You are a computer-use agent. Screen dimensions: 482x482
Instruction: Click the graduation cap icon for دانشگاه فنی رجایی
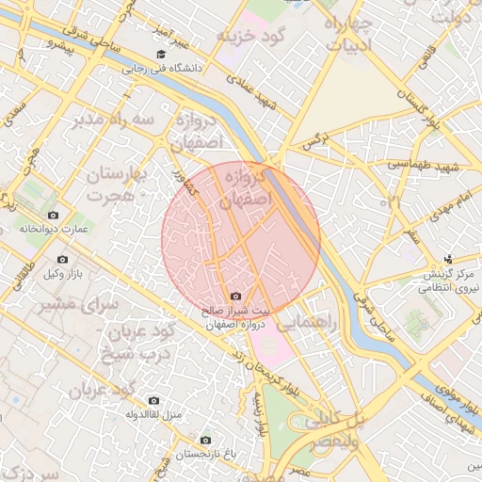coord(161,55)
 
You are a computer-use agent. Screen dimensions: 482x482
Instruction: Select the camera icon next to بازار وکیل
coord(63,259)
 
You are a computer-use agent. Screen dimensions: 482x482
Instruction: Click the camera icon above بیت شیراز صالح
coord(236,297)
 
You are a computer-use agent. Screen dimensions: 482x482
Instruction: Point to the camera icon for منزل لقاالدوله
coord(154,400)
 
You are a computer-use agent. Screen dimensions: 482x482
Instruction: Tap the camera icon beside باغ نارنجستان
coord(206,440)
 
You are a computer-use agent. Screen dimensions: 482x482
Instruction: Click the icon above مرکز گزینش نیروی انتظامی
coord(448,258)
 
